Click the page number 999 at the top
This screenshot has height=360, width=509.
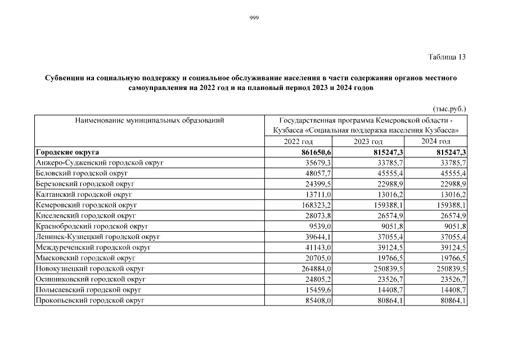(254, 18)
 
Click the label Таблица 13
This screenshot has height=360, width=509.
(447, 57)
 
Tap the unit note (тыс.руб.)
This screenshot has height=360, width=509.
(449, 108)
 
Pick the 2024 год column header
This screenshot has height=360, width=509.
(436, 141)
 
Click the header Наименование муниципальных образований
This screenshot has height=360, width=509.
(149, 120)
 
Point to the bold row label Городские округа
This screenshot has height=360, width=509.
(67, 152)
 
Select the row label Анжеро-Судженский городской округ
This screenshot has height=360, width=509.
(100, 163)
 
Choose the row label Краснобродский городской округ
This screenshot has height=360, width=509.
(92, 227)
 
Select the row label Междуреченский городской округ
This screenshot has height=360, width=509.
(93, 248)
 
